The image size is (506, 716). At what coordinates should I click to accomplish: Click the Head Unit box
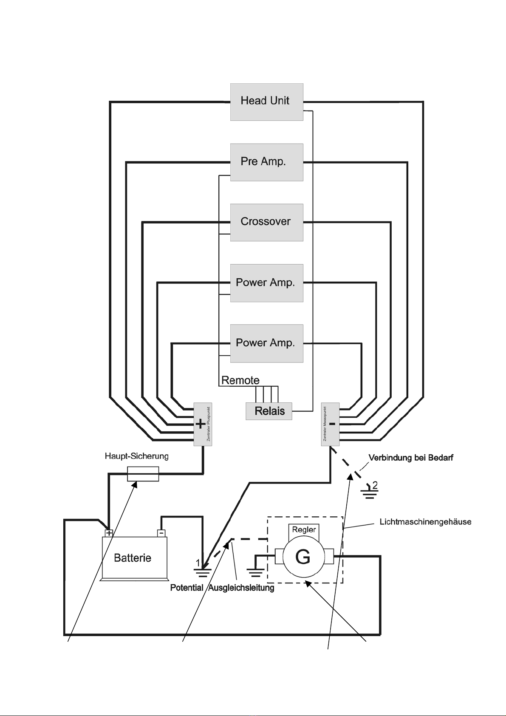[x=266, y=102]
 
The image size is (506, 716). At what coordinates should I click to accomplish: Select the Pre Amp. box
[x=266, y=162]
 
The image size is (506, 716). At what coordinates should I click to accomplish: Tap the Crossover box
[x=266, y=223]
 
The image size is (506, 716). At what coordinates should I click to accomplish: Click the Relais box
[x=269, y=411]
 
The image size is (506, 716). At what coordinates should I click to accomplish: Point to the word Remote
[x=240, y=380]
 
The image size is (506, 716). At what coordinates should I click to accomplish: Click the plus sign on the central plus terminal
[x=201, y=424]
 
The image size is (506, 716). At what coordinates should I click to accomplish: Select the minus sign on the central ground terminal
[x=332, y=424]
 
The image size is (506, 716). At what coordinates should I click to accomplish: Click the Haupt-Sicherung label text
[x=136, y=456]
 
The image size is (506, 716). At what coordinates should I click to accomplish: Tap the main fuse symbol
[x=143, y=474]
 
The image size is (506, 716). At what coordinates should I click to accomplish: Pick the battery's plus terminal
[x=109, y=533]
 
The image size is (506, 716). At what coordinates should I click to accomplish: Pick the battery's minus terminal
[x=161, y=533]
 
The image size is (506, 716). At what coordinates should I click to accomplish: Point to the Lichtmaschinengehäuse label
[x=425, y=522]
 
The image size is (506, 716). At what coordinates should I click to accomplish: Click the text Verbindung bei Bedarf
[x=411, y=457]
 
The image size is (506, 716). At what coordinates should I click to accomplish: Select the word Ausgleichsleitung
[x=241, y=588]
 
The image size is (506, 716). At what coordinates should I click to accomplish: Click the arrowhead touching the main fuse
[x=135, y=484]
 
